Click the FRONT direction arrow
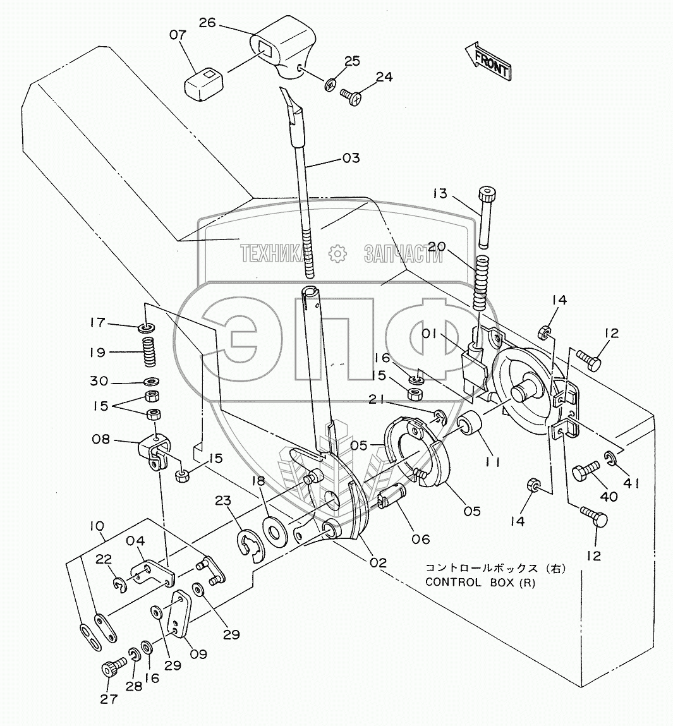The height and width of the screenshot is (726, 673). [x=488, y=61]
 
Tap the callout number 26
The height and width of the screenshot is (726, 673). [x=207, y=22]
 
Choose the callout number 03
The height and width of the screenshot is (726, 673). [x=351, y=158]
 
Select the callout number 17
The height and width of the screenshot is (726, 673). [x=98, y=322]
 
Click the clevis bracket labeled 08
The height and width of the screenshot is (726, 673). [x=155, y=451]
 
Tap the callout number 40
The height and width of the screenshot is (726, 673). [x=609, y=497]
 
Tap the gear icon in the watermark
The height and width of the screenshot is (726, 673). [x=337, y=253]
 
